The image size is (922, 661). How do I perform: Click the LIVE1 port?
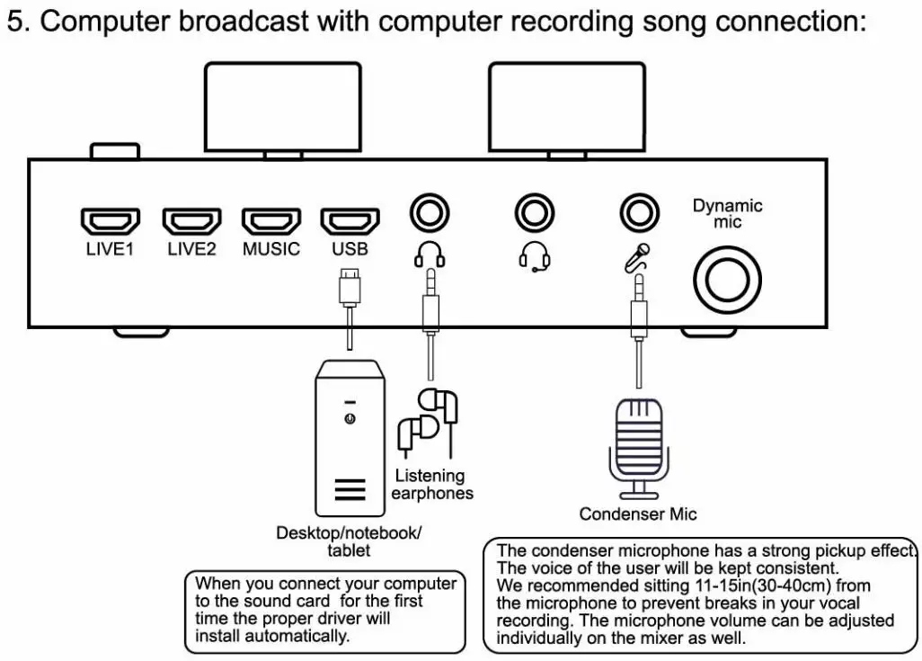[x=110, y=220]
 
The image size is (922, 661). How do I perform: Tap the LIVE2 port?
[x=191, y=220]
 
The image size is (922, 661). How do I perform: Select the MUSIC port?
[x=270, y=220]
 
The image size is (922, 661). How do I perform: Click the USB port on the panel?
[x=350, y=220]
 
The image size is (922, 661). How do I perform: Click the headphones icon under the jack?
[x=430, y=257]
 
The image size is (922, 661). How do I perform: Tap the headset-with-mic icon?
[x=536, y=258]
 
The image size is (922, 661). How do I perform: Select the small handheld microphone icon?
[x=637, y=258]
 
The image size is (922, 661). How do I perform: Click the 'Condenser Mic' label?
[x=637, y=514]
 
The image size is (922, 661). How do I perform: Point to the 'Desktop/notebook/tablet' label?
[x=349, y=540]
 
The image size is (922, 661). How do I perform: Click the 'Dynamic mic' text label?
[x=727, y=213]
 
